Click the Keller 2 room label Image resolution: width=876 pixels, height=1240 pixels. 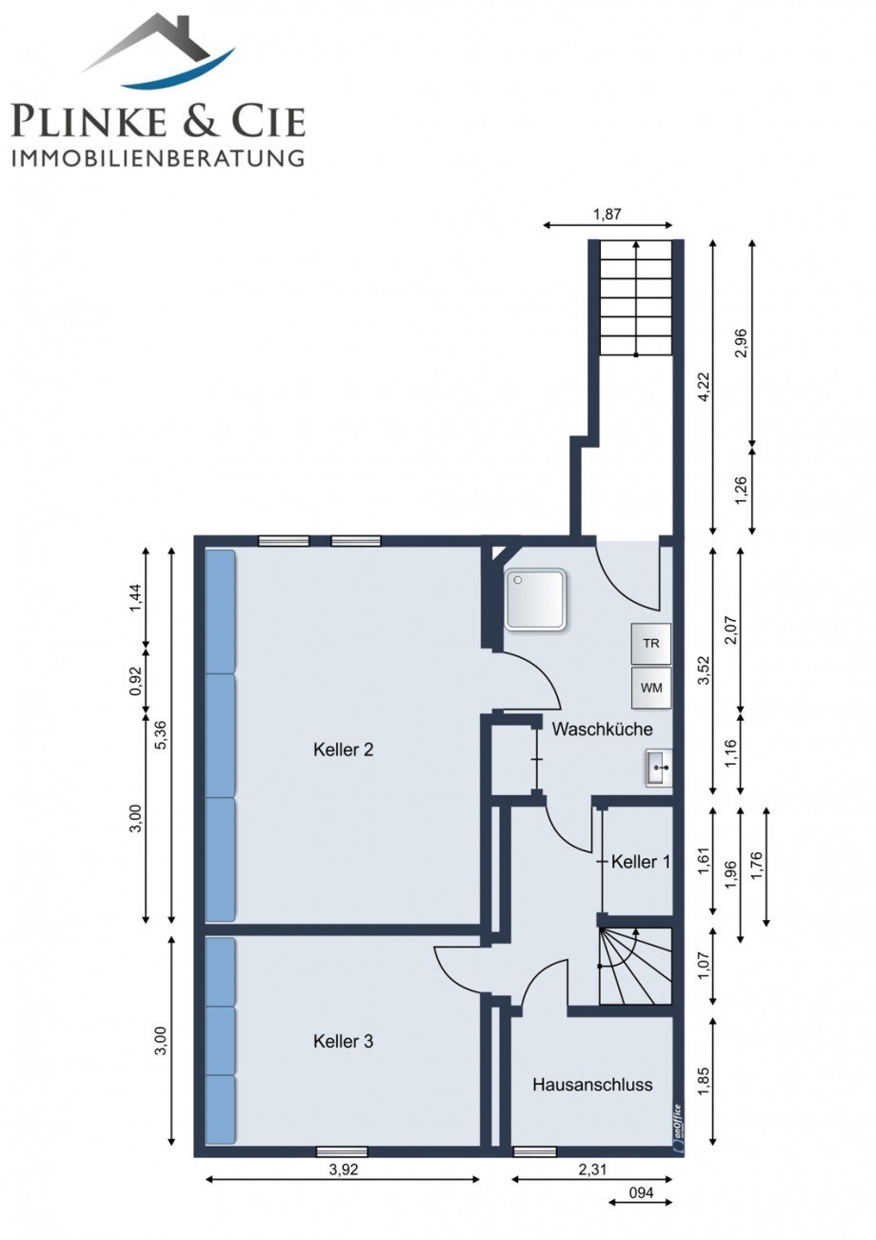(x=343, y=750)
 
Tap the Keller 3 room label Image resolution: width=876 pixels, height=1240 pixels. (x=343, y=1041)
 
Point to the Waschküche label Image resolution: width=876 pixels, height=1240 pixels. (x=602, y=730)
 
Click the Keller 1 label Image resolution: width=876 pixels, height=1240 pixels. (x=641, y=861)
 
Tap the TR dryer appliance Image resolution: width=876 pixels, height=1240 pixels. (x=651, y=643)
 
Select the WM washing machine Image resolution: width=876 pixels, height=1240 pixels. (x=651, y=688)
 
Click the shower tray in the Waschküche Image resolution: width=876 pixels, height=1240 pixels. (x=535, y=599)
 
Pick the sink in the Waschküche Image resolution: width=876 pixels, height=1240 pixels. (x=659, y=768)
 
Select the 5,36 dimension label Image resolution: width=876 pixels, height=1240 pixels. (x=162, y=735)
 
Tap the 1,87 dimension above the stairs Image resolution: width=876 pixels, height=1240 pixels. (x=607, y=213)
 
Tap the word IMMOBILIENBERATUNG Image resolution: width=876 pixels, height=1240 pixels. (x=158, y=158)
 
